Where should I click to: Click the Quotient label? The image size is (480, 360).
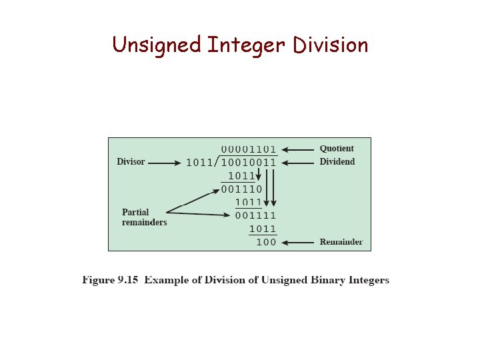(x=337, y=149)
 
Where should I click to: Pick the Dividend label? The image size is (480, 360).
(x=337, y=162)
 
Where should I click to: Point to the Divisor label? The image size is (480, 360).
(x=131, y=162)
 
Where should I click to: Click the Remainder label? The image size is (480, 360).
(x=341, y=242)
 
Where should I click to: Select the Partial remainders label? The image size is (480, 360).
(x=144, y=217)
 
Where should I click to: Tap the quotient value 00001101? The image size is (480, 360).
(x=249, y=149)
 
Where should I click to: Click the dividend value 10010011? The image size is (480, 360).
(x=249, y=162)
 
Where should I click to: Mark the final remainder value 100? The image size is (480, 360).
(x=266, y=242)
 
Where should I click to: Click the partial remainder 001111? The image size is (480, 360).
(x=255, y=215)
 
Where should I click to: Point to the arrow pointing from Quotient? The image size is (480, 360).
(x=297, y=149)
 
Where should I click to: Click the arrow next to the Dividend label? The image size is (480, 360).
(x=297, y=162)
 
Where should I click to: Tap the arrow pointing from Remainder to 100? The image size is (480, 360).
(x=297, y=242)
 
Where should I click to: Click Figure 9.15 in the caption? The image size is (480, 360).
(x=111, y=280)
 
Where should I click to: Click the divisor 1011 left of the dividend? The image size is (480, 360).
(x=199, y=162)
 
